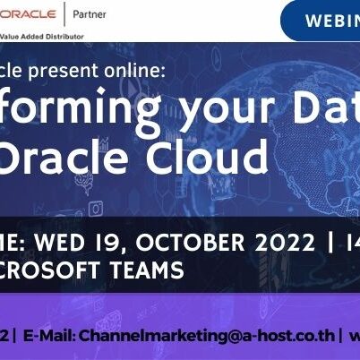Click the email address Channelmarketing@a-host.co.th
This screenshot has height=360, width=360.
207,336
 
